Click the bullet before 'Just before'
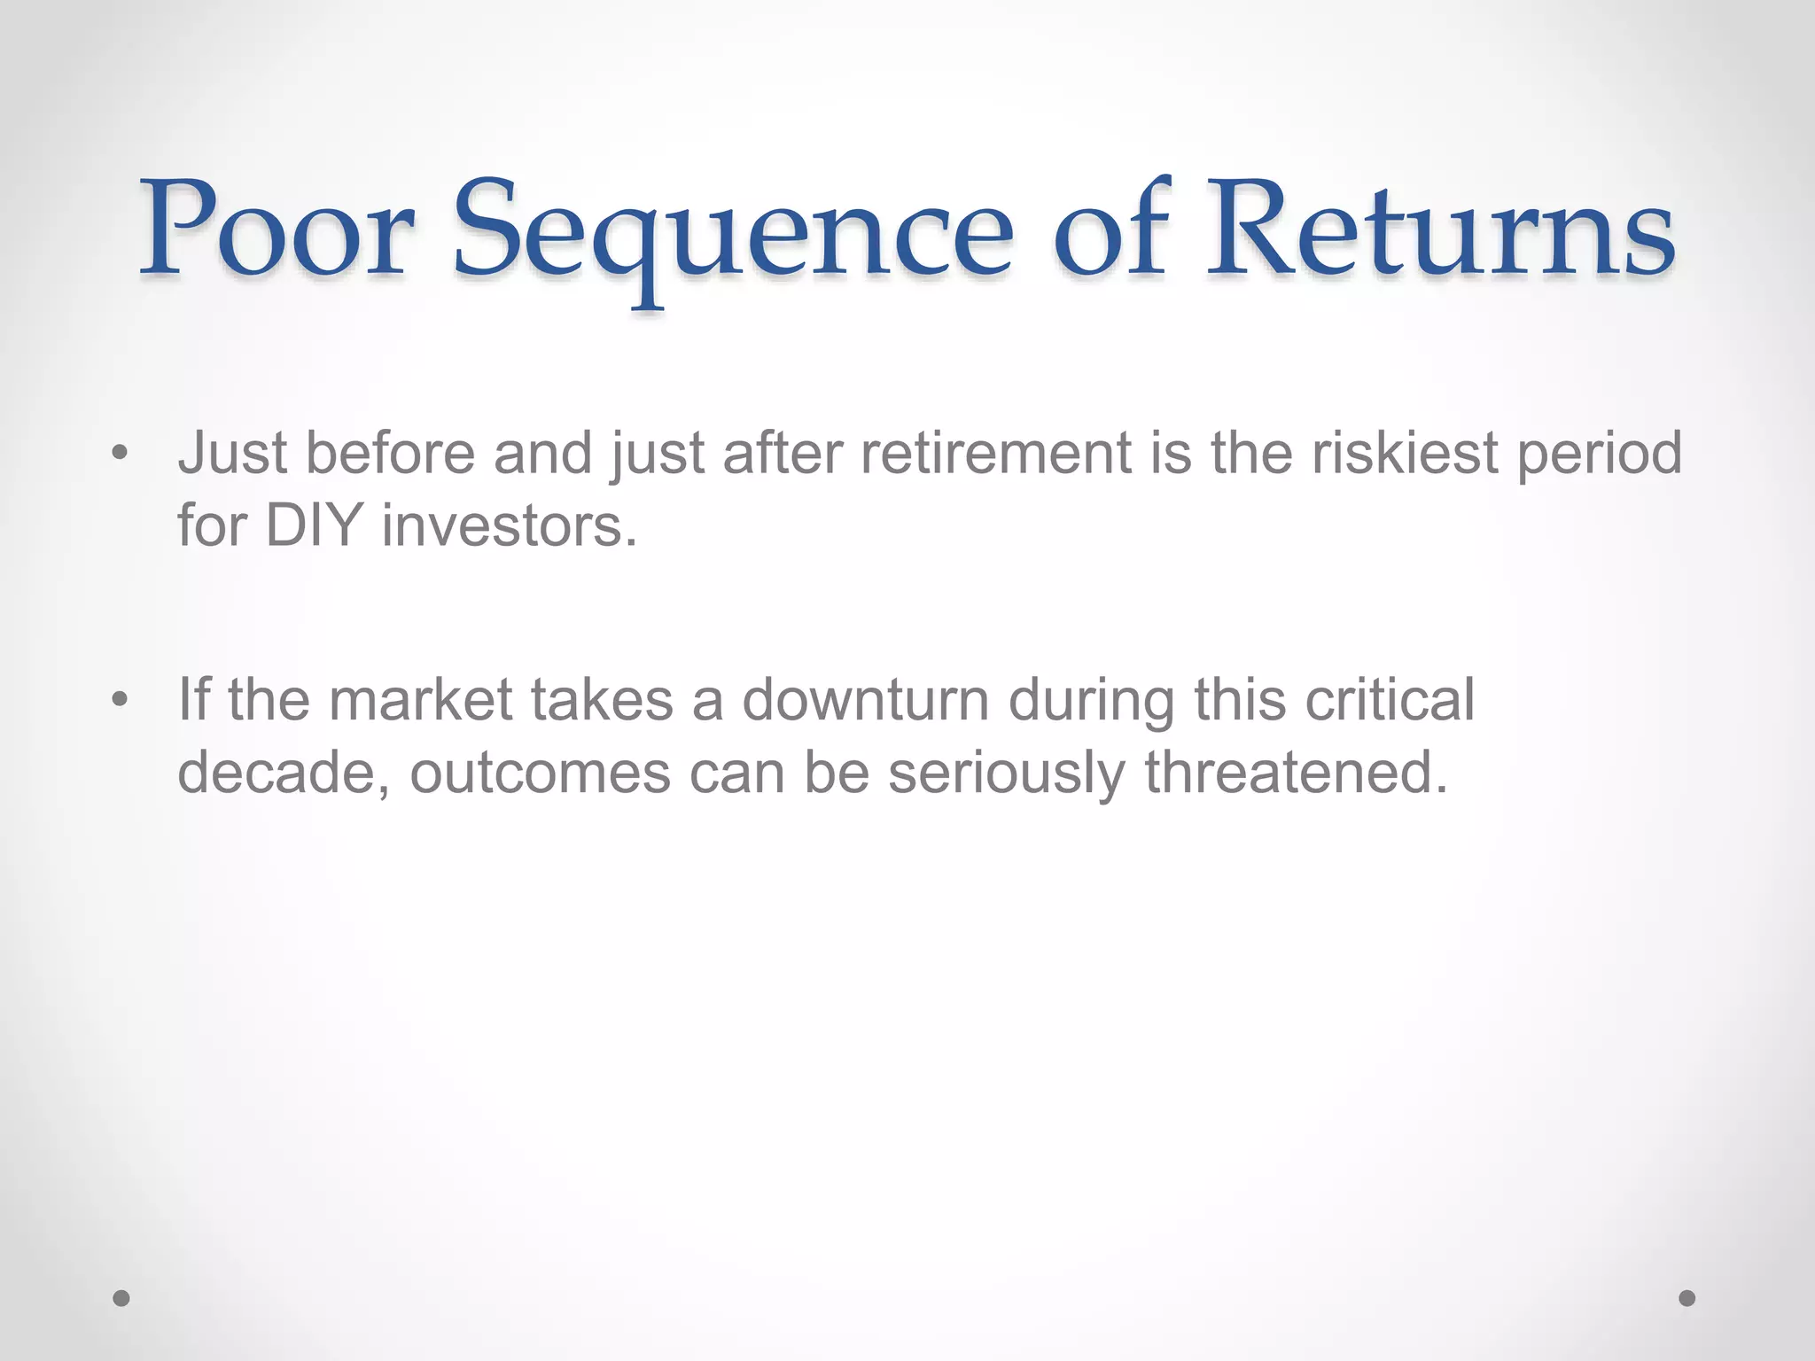121,455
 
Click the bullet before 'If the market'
121,701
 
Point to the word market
420,699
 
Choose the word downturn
865,699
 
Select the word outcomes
540,773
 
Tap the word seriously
1006,773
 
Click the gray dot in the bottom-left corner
122,1298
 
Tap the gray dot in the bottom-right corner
1687,1298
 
